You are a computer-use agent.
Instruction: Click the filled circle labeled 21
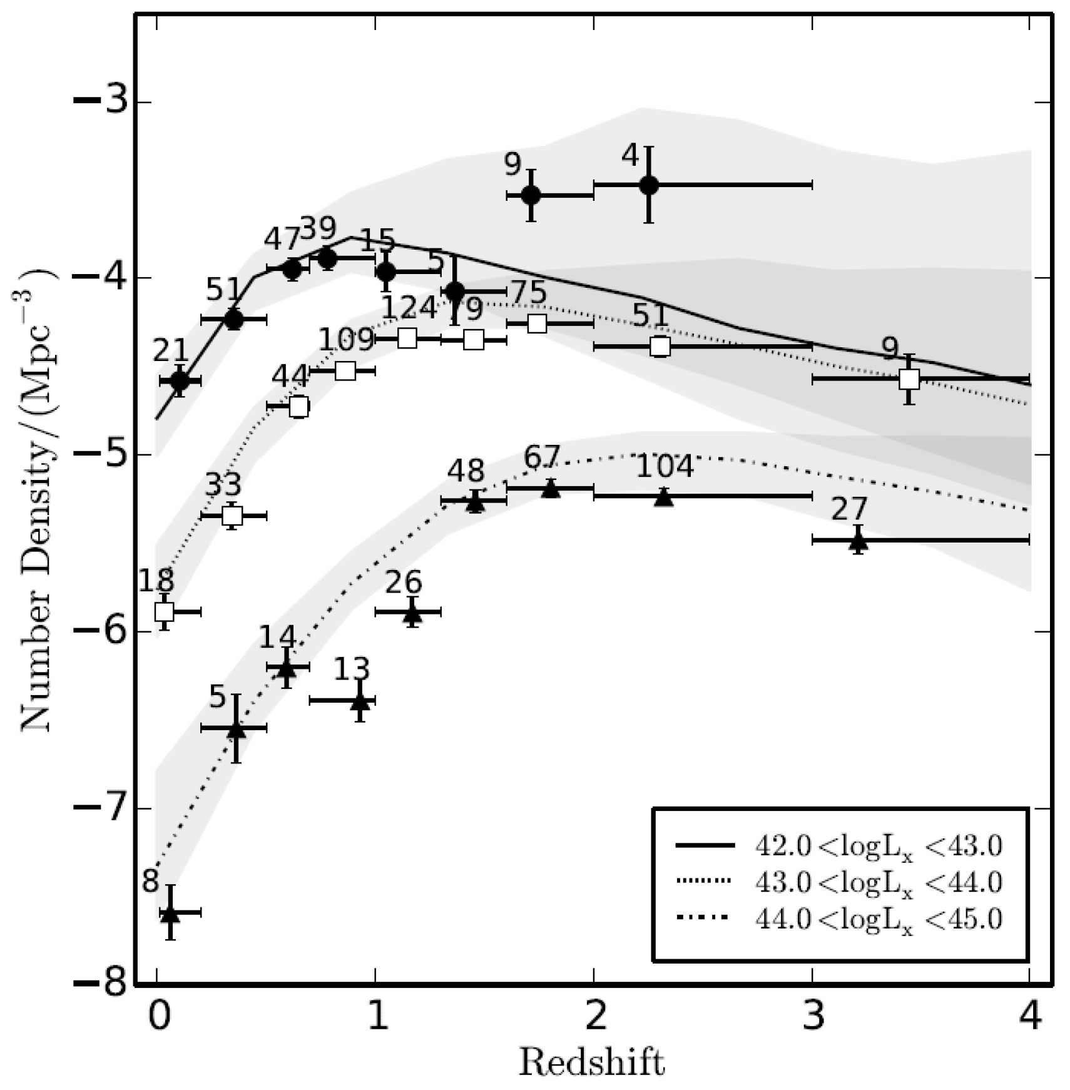(x=180, y=380)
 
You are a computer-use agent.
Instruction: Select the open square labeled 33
(x=232, y=516)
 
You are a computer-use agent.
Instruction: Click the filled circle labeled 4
(x=649, y=185)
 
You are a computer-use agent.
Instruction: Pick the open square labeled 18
(x=164, y=611)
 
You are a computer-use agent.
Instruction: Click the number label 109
(x=346, y=340)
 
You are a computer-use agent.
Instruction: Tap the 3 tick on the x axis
(x=812, y=1016)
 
